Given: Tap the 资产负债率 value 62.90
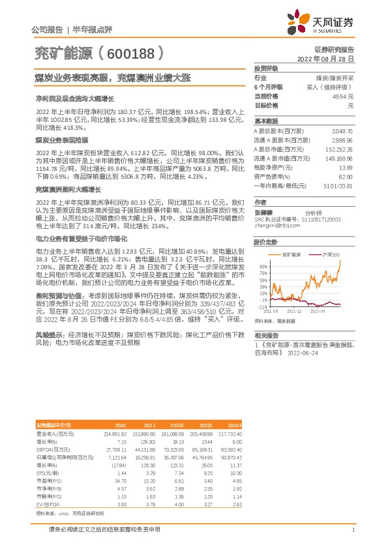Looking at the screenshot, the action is (x=346, y=177).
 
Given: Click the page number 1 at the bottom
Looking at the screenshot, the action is (x=353, y=530).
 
